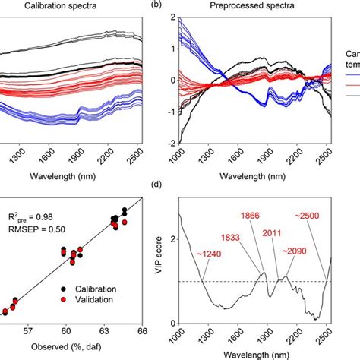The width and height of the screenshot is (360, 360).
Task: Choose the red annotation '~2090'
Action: tap(295, 251)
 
